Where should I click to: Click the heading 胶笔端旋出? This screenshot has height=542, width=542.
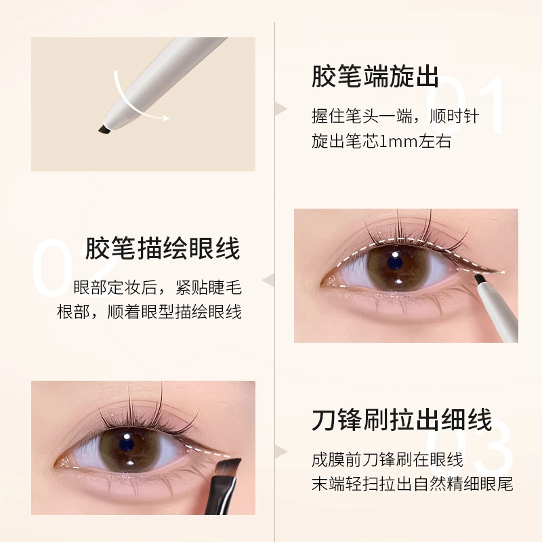[375, 77]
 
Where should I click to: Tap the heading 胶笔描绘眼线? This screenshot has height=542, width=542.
[163, 248]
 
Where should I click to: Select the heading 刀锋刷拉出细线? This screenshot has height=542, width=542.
[402, 419]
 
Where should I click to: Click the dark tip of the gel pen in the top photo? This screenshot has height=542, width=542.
[104, 129]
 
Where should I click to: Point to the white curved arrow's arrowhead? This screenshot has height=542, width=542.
[165, 117]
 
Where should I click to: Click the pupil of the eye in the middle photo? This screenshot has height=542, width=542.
[394, 263]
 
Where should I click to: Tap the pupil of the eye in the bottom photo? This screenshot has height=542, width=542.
[127, 443]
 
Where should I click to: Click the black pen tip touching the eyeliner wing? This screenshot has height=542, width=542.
[480, 280]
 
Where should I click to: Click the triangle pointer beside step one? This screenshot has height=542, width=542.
[281, 108]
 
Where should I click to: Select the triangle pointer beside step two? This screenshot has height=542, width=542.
[268, 280]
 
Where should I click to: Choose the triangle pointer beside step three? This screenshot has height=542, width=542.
[281, 452]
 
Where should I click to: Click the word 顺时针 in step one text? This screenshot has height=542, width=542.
[454, 117]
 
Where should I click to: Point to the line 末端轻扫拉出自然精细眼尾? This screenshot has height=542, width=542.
[413, 484]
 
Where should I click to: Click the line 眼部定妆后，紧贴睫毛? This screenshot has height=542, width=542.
[158, 287]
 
